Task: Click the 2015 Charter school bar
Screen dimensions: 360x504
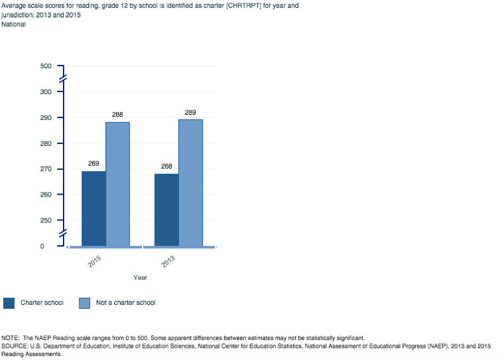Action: click(93, 208)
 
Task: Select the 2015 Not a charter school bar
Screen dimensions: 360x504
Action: click(117, 184)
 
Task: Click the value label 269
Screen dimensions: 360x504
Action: click(93, 163)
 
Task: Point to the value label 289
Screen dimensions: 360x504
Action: click(191, 113)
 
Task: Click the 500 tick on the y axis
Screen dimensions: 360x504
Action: click(45, 66)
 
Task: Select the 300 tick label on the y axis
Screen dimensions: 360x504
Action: click(45, 92)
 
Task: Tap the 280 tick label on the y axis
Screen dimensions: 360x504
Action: click(45, 143)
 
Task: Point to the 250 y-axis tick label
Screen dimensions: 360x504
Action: click(45, 221)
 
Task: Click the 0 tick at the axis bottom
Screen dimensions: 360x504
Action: click(42, 246)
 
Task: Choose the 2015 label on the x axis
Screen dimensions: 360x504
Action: click(95, 262)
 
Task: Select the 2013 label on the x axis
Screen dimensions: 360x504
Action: click(167, 262)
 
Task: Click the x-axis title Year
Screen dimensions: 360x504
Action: click(140, 278)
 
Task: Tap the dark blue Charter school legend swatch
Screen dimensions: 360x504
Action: click(9, 303)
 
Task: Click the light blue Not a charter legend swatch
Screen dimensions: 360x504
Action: click(84, 303)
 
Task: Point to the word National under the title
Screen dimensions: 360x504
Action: click(14, 25)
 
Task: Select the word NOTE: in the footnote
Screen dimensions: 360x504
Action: click(11, 338)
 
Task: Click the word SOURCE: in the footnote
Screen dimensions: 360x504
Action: click(15, 346)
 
